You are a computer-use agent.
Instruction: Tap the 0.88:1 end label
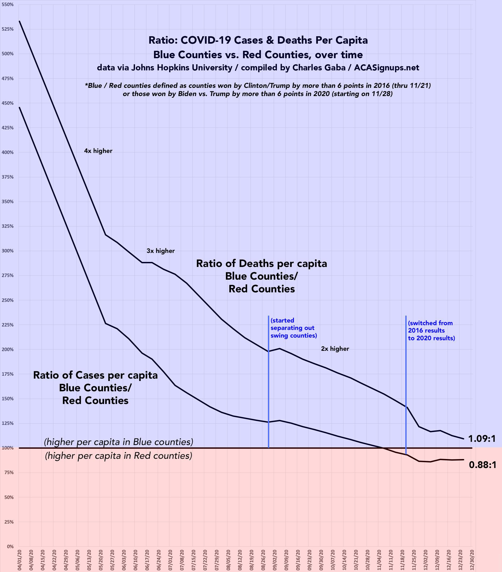(482, 465)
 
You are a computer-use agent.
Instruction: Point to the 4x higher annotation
(98, 151)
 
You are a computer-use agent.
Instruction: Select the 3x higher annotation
(161, 251)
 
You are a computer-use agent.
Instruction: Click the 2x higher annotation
(335, 349)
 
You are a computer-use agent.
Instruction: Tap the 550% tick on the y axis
(8, 5)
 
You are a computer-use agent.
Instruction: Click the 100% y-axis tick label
(8, 448)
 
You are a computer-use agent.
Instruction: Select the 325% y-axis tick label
(8, 226)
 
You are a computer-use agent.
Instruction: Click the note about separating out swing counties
(294, 328)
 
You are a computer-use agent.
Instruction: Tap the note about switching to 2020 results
(431, 330)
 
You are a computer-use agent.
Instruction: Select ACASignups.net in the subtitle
(387, 68)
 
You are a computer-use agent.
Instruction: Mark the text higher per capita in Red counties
(119, 456)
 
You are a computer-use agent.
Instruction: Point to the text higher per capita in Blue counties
(119, 442)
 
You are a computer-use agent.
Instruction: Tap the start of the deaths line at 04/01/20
(19, 21)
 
